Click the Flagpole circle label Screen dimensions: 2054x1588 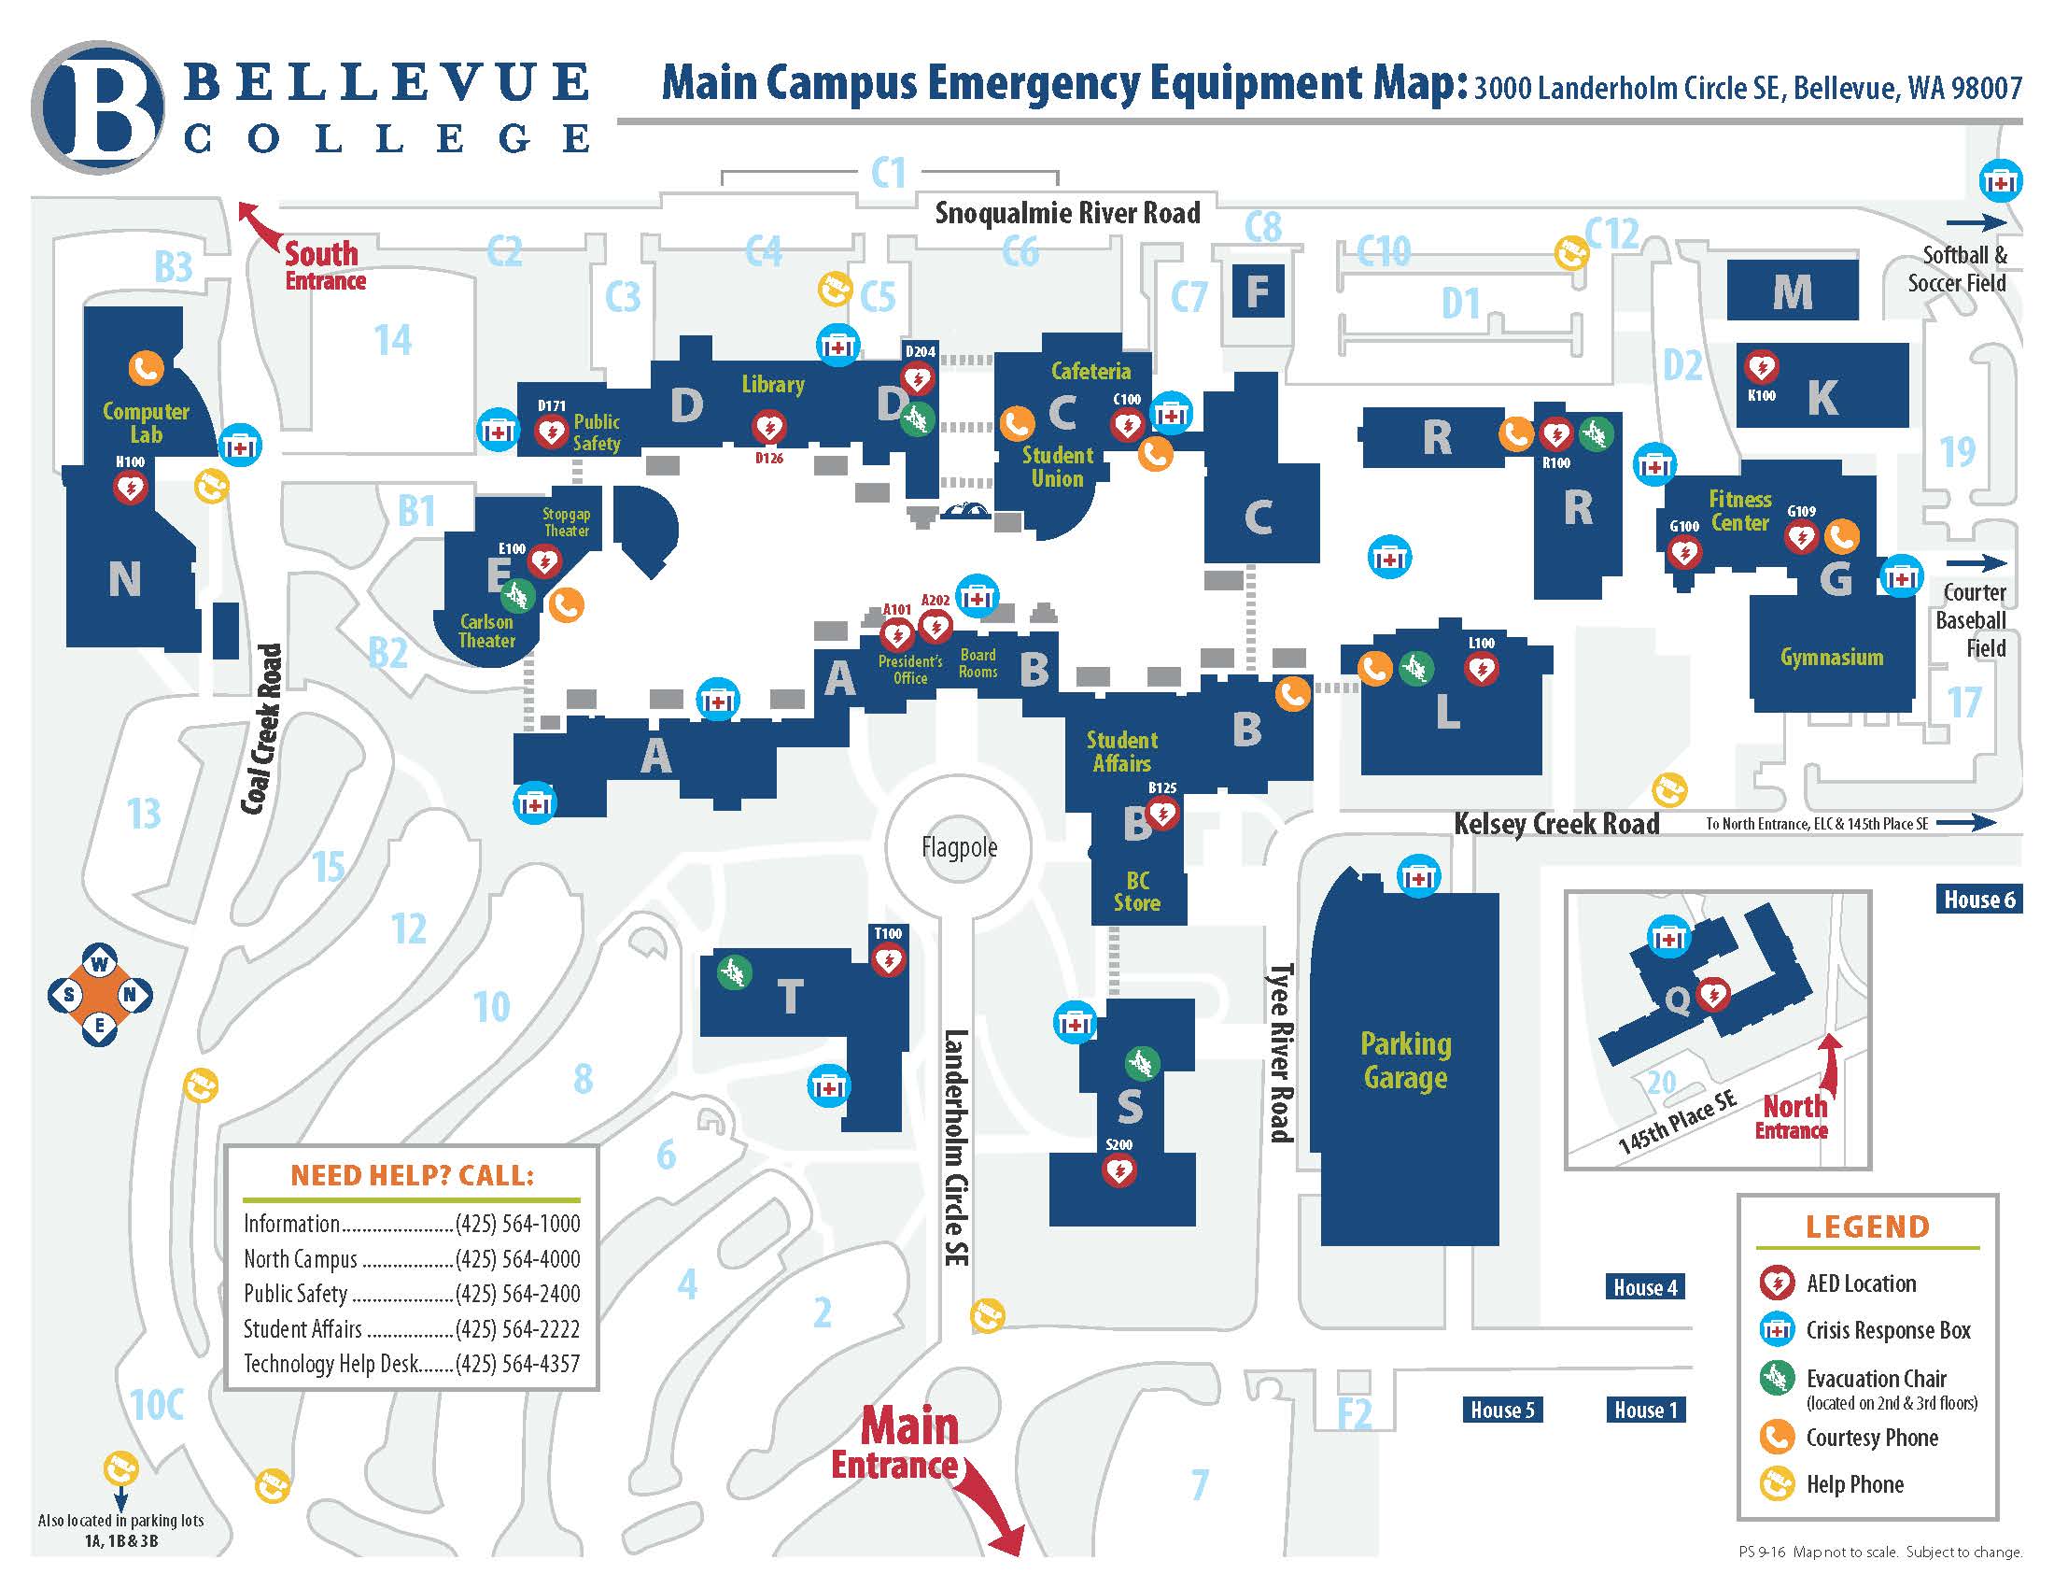pos(959,847)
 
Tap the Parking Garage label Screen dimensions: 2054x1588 pos(1406,1060)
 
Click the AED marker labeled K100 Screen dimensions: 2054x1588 pos(1761,366)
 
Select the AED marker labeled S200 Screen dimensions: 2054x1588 pos(1119,1171)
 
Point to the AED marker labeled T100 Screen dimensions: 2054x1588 pos(888,960)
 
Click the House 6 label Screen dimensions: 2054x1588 pos(1979,900)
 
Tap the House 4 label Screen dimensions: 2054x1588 pos(1645,1288)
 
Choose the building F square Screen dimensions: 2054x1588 pos(1258,291)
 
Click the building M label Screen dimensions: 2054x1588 pos(1793,292)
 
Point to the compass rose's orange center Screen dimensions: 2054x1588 pos(100,995)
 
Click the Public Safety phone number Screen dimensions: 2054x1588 pos(517,1294)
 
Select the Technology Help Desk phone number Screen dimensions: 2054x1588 pos(517,1364)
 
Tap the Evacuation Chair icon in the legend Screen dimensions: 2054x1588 pos(1777,1378)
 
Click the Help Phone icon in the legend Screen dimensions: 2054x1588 pos(1777,1484)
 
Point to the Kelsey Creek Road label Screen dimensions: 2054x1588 pos(1556,824)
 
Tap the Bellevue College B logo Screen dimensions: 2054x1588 pos(98,106)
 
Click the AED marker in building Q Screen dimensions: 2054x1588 pos(1712,995)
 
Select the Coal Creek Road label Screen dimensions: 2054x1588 pos(261,729)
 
